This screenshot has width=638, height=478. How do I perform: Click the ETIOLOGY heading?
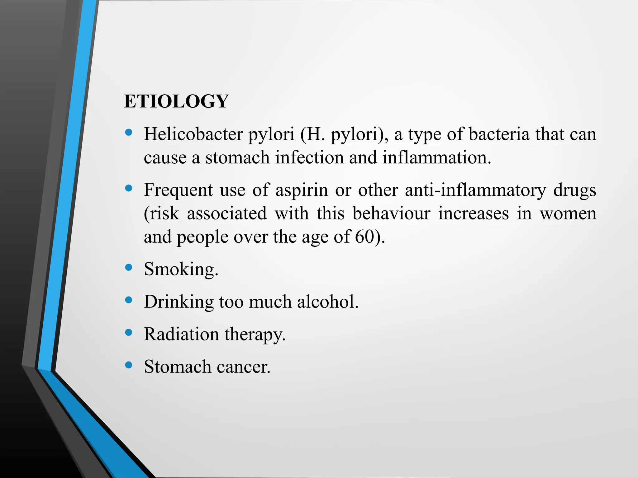[176, 101]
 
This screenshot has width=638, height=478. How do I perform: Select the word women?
[568, 213]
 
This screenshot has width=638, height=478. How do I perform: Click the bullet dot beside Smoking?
[129, 267]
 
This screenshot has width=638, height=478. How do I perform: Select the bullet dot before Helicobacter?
[129, 133]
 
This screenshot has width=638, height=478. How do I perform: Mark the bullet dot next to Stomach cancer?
[129, 365]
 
